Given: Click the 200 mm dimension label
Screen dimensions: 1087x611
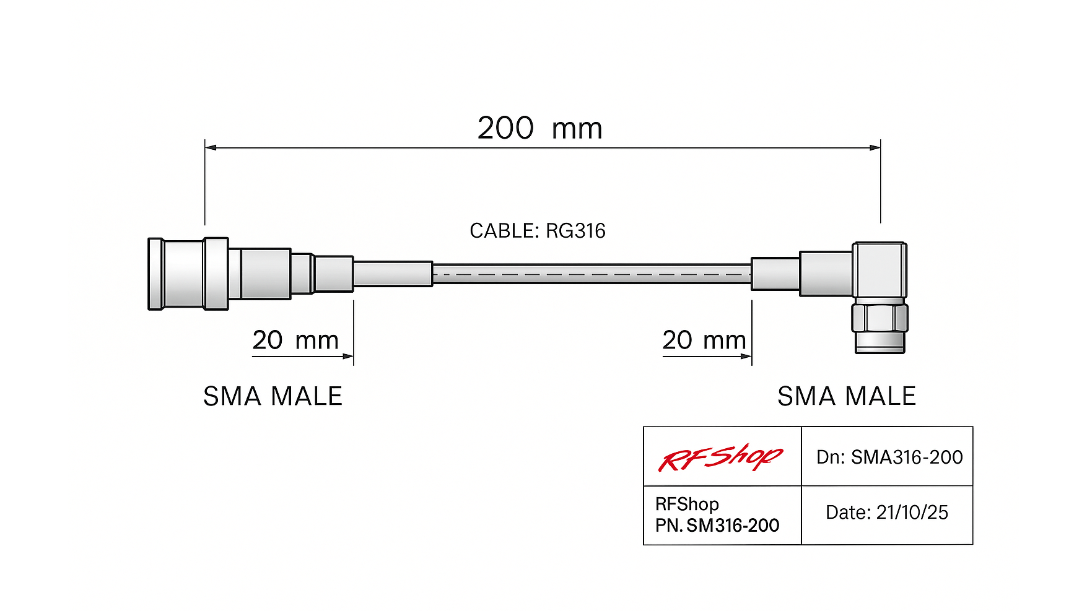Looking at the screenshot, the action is (x=539, y=128).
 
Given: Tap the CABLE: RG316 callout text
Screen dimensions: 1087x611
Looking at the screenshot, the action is (x=538, y=231).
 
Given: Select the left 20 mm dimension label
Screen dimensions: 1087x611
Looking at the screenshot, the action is (x=295, y=340).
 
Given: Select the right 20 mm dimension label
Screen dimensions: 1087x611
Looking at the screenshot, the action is (x=704, y=340).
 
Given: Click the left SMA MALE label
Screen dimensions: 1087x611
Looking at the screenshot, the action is (x=273, y=396).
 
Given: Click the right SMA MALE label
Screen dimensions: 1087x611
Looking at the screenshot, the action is (x=847, y=396).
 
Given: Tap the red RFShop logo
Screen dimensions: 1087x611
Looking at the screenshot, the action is (x=721, y=457).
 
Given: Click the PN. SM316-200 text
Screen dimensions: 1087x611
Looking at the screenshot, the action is (x=717, y=526).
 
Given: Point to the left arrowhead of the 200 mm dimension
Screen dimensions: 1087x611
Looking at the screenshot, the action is (x=211, y=147).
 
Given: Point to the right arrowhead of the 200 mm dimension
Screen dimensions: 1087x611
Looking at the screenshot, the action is (x=875, y=147).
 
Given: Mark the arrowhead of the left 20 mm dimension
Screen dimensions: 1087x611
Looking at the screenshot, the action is (x=348, y=357).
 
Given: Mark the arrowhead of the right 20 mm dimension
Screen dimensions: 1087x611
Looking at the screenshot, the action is (x=746, y=357).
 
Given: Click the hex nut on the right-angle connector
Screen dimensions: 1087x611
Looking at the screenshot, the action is (x=880, y=318).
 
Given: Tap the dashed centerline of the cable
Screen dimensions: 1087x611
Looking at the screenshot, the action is (x=592, y=274).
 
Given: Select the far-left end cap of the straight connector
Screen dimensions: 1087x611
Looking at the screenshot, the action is (x=155, y=273).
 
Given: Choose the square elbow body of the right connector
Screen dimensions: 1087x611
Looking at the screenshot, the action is (x=880, y=270).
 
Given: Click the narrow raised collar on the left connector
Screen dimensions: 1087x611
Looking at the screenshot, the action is (x=216, y=273).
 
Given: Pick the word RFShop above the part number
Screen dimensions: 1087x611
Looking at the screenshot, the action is (x=687, y=505).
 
